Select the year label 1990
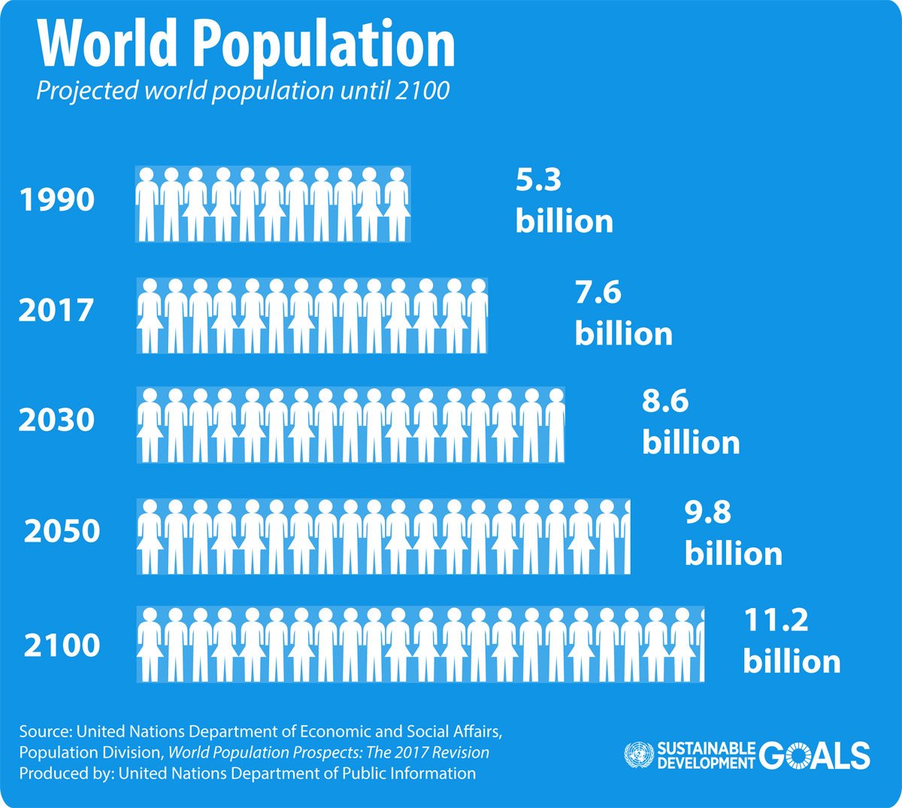(x=57, y=200)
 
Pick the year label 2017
(x=56, y=310)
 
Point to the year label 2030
(x=56, y=420)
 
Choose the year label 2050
(x=62, y=531)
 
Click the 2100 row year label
(x=62, y=645)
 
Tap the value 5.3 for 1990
(x=538, y=181)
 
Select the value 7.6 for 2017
(x=598, y=292)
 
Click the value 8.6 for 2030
(x=665, y=401)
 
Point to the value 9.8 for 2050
(x=707, y=512)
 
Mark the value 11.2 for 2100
(x=776, y=621)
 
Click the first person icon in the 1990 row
(x=147, y=204)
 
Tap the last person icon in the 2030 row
(x=555, y=424)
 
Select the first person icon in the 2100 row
(x=150, y=645)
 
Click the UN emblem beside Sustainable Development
(x=638, y=755)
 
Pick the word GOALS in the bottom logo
(x=814, y=755)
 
